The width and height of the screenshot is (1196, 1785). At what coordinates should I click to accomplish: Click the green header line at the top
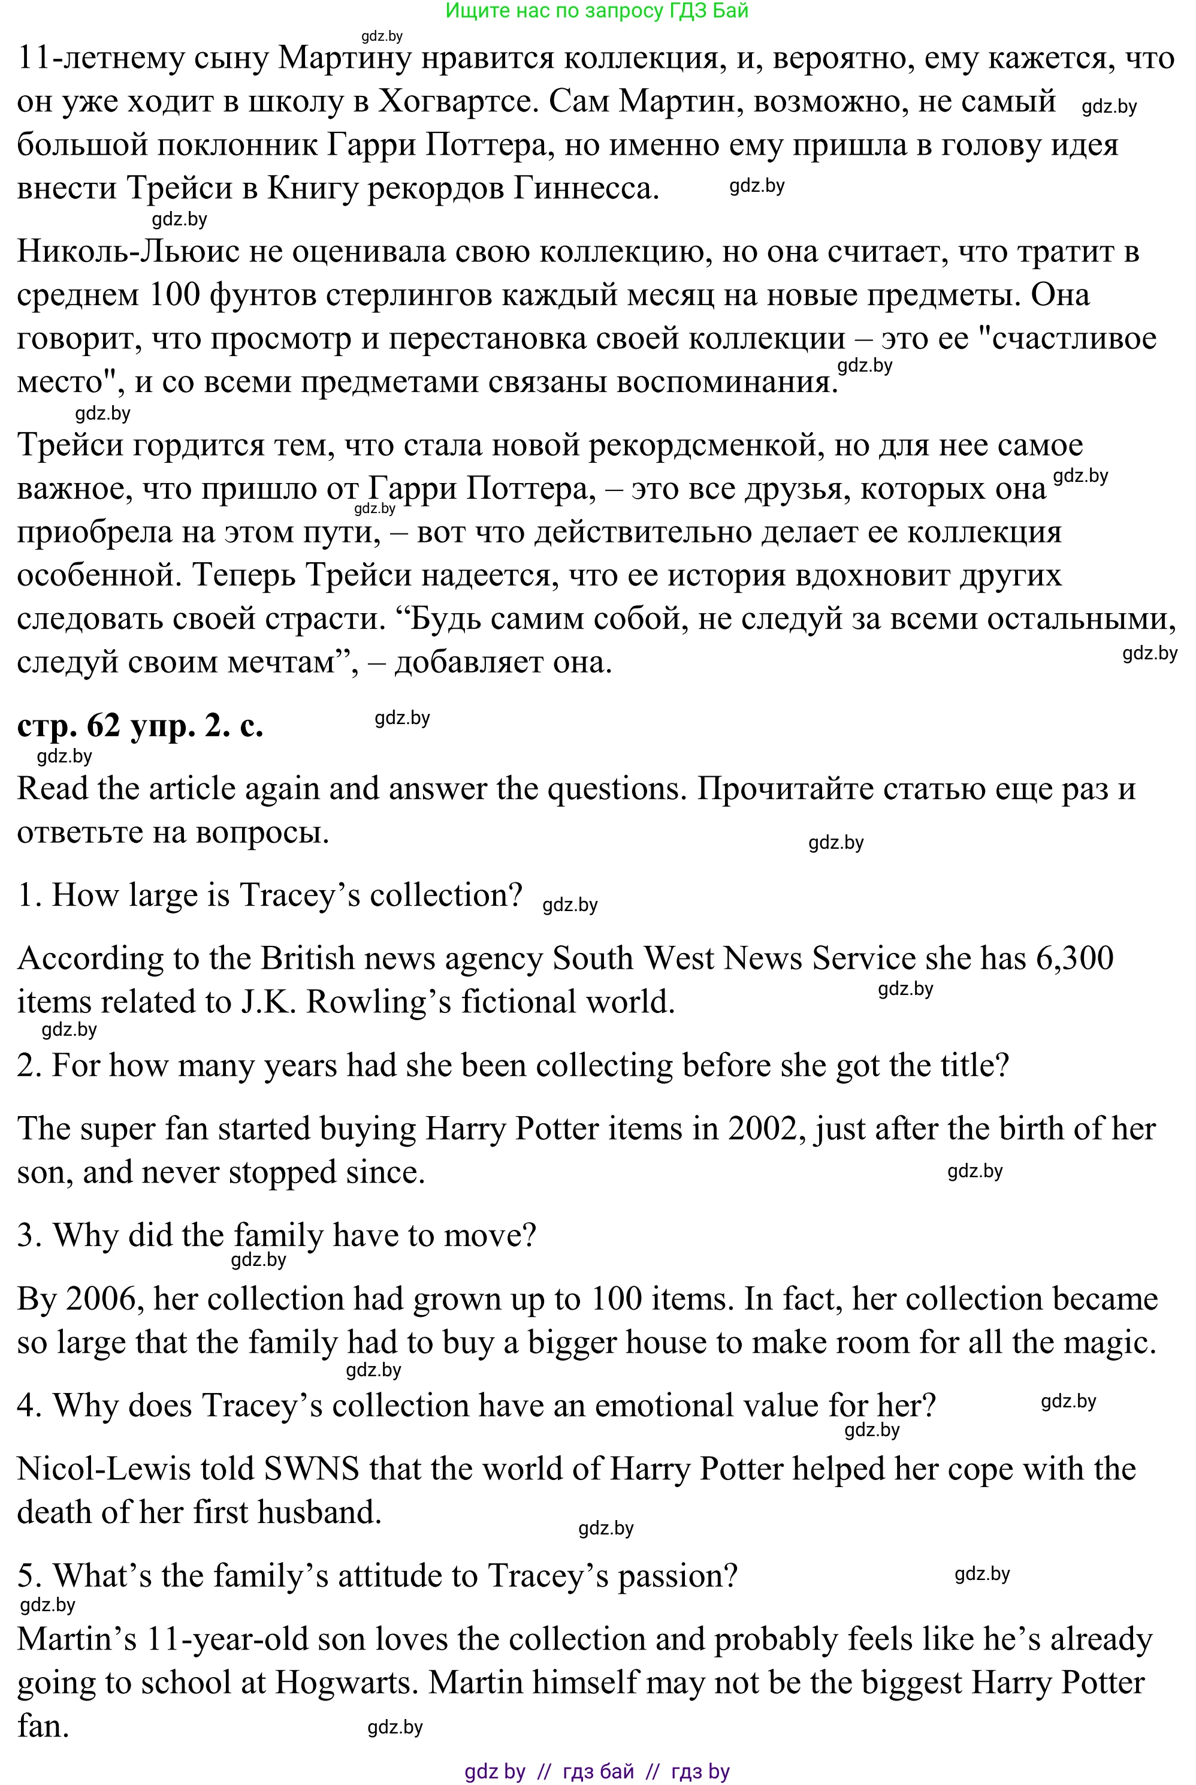tap(597, 11)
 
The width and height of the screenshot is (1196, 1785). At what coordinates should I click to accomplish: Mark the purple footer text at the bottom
tap(597, 1771)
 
